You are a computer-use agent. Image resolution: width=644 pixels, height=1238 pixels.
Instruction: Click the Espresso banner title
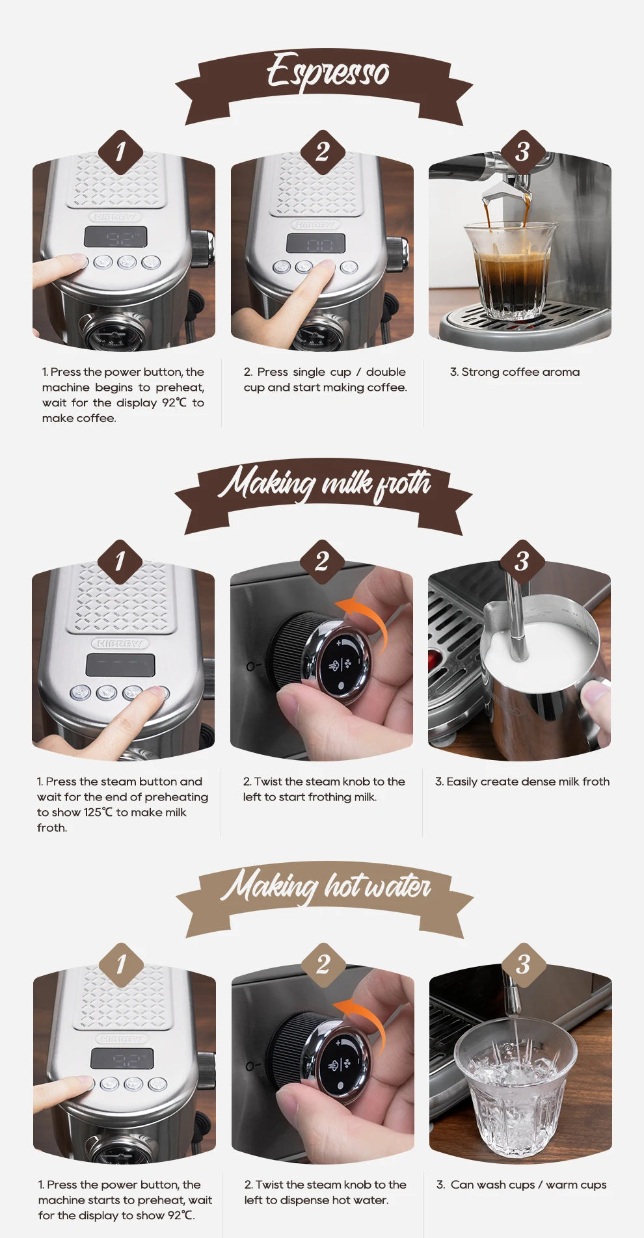pos(327,72)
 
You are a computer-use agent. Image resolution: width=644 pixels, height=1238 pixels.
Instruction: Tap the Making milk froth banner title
pos(324,484)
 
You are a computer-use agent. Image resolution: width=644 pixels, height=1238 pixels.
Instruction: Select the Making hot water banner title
pos(325,887)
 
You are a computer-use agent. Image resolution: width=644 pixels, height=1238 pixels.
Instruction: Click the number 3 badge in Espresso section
pos(522,152)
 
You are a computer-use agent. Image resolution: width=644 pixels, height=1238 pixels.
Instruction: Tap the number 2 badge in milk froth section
pos(321,562)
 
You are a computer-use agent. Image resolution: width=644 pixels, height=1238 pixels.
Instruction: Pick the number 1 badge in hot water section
pos(121,965)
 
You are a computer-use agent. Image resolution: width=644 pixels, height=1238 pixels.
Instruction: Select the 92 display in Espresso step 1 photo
pos(116,237)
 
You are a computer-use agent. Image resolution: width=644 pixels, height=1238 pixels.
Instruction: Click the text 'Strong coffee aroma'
pos(515,372)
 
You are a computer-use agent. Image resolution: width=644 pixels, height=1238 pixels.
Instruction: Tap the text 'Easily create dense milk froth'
pos(522,782)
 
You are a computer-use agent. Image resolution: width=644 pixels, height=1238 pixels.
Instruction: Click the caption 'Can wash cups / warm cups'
pos(521,1185)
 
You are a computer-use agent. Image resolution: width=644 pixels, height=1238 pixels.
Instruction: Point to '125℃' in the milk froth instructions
pos(98,812)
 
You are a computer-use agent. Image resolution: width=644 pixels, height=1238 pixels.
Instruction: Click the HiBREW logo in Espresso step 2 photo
pos(316,224)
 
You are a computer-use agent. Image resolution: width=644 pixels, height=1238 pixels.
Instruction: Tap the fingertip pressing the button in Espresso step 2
pos(324,268)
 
